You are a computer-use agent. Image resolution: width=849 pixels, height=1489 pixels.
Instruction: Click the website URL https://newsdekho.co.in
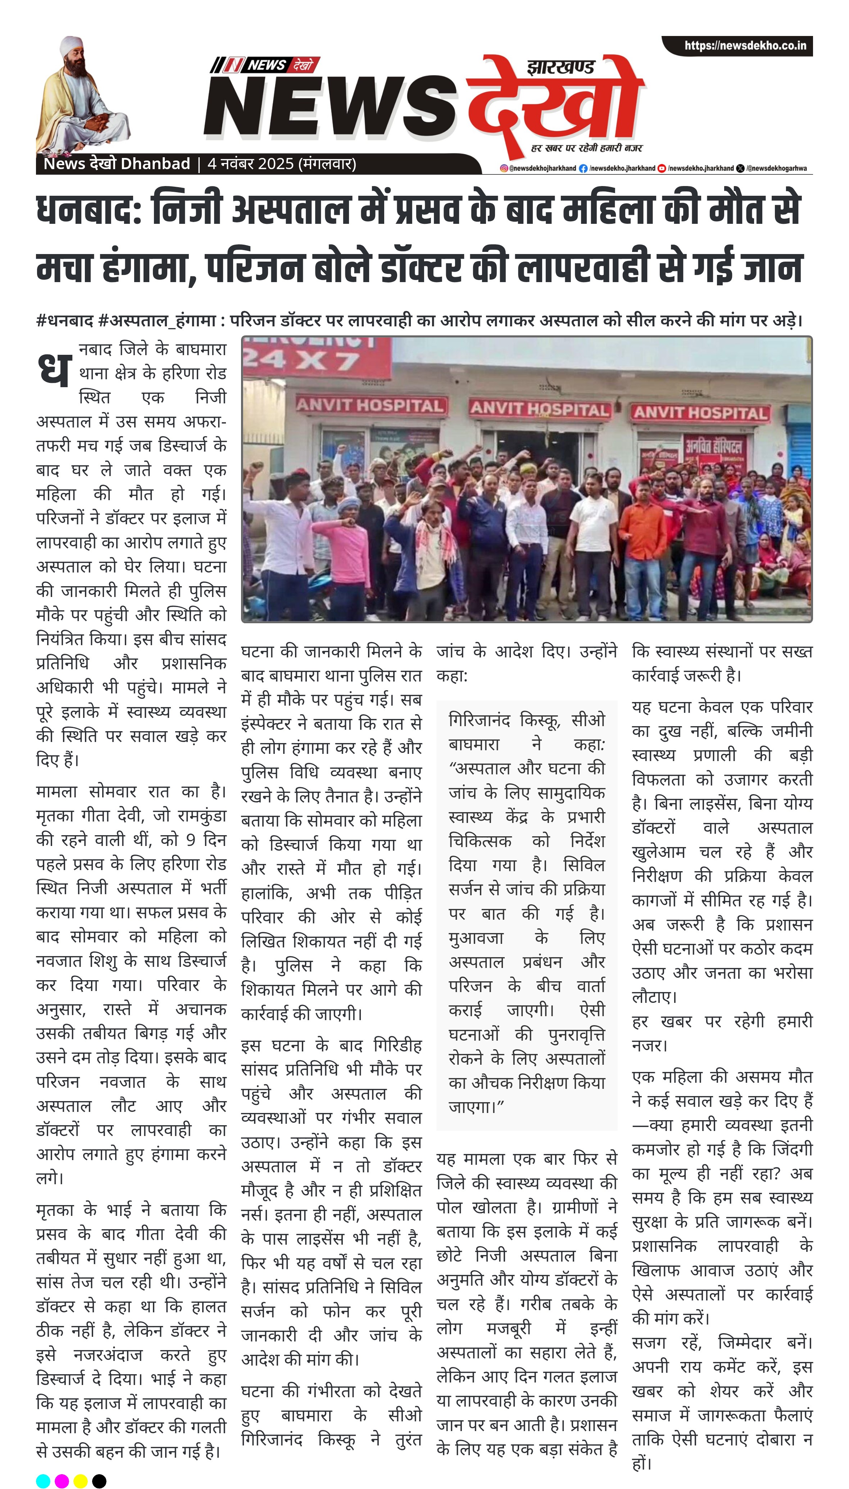(x=745, y=45)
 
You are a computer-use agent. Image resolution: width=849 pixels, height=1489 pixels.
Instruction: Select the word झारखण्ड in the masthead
(x=560, y=68)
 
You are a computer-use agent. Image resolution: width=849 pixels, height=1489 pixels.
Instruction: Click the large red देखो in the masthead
(x=554, y=105)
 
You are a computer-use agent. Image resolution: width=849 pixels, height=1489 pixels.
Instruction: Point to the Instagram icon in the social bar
(x=504, y=168)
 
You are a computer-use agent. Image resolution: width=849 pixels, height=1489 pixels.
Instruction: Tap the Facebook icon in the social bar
(x=582, y=168)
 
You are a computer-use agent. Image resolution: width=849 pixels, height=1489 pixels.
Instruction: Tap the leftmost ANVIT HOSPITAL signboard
(x=370, y=405)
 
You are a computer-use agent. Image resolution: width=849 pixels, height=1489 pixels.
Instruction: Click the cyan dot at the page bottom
(x=43, y=1476)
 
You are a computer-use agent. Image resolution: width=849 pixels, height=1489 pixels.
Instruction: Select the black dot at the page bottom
(x=99, y=1476)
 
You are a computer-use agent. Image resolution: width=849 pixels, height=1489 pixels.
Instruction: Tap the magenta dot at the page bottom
(x=62, y=1476)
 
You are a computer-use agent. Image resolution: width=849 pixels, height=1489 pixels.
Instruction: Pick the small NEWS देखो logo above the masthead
(x=265, y=65)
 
